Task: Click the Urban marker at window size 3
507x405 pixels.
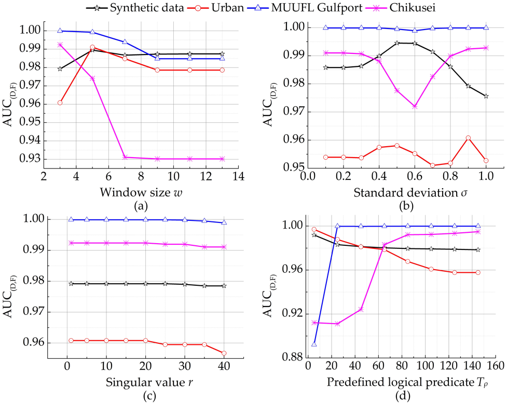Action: [x=60, y=103]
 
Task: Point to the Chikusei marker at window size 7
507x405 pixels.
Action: [x=125, y=157]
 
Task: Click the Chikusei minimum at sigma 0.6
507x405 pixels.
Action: [x=415, y=106]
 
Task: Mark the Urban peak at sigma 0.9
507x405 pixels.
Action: [x=468, y=138]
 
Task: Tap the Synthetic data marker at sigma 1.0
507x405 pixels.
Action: [x=486, y=96]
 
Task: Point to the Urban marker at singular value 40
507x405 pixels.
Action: [x=224, y=353]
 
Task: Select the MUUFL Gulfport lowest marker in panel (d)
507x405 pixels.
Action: [x=314, y=344]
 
